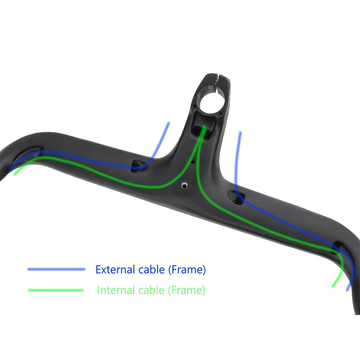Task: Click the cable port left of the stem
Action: [x=137, y=165]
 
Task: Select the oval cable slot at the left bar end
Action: [x=29, y=154]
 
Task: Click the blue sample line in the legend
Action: [x=56, y=269]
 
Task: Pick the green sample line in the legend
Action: [x=56, y=290]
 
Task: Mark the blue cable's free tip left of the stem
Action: [x=168, y=123]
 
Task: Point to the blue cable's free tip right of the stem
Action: [x=240, y=132]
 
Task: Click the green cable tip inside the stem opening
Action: [x=204, y=127]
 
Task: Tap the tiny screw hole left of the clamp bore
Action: [x=194, y=107]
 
